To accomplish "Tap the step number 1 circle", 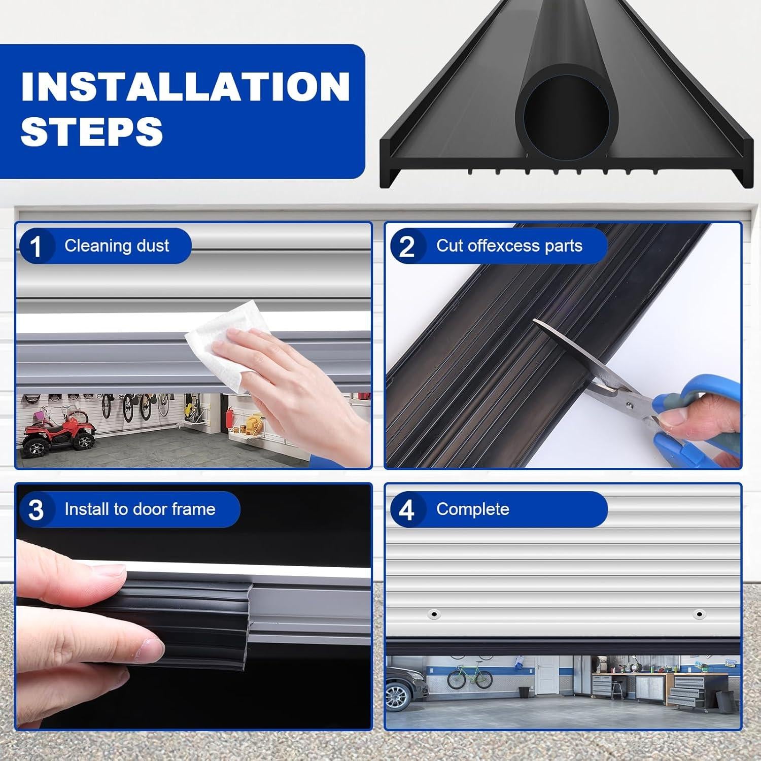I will [x=36, y=247].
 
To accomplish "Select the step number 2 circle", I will [x=407, y=247].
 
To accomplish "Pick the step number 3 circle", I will [x=36, y=510].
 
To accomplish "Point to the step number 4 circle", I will [x=407, y=510].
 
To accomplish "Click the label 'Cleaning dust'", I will [x=116, y=246].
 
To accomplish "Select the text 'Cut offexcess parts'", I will [x=509, y=246].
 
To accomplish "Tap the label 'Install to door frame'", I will [x=140, y=509].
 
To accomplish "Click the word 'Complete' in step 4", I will [x=472, y=509].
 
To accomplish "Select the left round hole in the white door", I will [x=433, y=614].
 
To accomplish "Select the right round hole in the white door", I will [x=699, y=614].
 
